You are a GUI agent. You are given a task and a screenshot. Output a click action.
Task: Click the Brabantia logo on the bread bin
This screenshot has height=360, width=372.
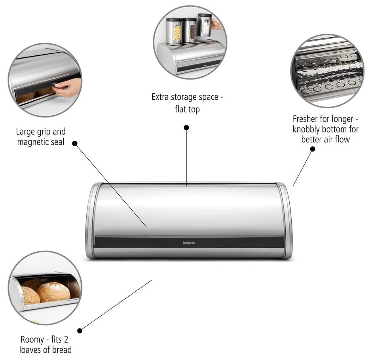coord(188,242)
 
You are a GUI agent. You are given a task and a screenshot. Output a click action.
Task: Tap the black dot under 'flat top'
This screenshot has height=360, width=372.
coord(186,127)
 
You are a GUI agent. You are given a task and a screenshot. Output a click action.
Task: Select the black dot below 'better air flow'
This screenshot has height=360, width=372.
coord(312,149)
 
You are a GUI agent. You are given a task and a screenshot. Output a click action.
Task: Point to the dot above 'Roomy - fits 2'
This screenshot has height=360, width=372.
coord(80,330)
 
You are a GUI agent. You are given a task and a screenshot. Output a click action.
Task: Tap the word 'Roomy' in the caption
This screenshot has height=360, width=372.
coord(31,339)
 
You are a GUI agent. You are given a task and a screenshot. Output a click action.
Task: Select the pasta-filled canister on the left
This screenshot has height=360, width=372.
coord(174,30)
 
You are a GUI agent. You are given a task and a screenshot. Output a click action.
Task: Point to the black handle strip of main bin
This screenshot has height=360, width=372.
coord(188,242)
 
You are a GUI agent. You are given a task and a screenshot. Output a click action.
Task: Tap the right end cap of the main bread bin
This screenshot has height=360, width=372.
coord(285,222)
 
